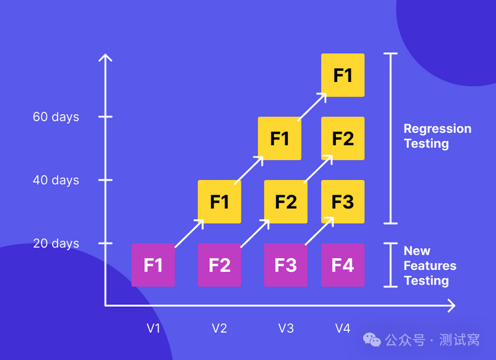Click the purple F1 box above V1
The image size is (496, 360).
[x=153, y=265]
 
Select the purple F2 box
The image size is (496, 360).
[x=220, y=265]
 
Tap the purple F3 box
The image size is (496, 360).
[x=286, y=265]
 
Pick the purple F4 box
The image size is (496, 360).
[x=343, y=265]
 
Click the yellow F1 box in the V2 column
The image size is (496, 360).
[x=220, y=201]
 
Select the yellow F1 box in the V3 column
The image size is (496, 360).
[x=280, y=138]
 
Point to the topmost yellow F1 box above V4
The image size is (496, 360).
[x=343, y=75]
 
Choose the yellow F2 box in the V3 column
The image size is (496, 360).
[x=286, y=201]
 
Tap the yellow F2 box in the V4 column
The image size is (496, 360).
[x=343, y=138]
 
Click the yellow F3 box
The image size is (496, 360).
[x=343, y=201]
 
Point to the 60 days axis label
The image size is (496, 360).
[x=56, y=117]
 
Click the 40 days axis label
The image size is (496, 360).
[x=56, y=180]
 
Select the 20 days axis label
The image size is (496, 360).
[x=56, y=244]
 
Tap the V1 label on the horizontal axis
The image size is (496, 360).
[x=153, y=328]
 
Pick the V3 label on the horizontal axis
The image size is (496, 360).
[x=286, y=328]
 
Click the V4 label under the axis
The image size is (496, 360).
[x=343, y=328]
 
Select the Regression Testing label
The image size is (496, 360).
[x=437, y=136]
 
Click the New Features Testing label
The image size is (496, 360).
[x=430, y=265]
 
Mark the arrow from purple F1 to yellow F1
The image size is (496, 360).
[x=190, y=233]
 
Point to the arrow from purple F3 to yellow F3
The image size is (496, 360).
[x=319, y=232]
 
